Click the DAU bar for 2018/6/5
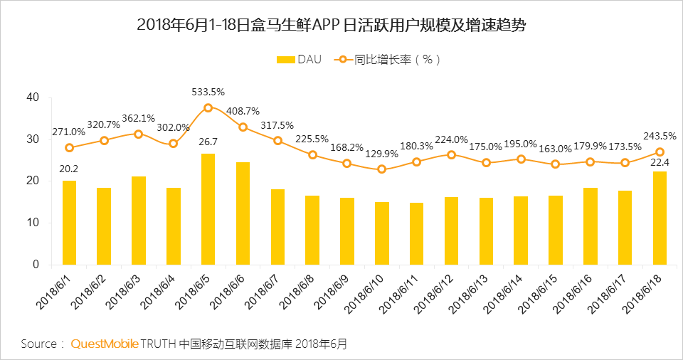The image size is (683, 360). pos(208,209)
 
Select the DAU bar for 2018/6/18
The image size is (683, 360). pos(660,218)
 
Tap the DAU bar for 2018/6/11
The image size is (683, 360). pos(416,233)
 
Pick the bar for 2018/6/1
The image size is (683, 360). pos(69,223)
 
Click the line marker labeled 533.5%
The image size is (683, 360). pos(208,107)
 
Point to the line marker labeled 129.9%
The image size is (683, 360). pos(381,169)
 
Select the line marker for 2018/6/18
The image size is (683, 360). pos(660,152)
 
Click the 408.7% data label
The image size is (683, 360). pos(243,111)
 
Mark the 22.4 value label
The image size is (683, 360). pos(660,162)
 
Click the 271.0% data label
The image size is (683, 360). pos(68,132)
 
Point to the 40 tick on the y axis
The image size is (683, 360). pos(33,97)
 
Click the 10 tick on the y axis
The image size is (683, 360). pos(33,223)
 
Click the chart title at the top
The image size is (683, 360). pos(341,25)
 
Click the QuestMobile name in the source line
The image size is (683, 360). pos(104,344)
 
